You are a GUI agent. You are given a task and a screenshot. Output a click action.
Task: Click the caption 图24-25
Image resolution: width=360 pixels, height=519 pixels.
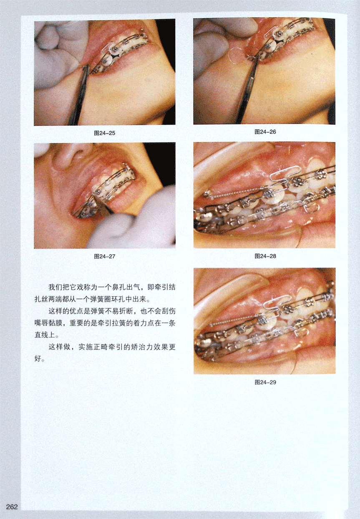coord(104,133)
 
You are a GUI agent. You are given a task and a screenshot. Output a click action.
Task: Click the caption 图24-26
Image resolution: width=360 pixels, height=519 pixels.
coord(265,132)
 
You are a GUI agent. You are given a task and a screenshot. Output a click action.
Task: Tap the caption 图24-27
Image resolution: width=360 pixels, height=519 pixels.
coord(104,256)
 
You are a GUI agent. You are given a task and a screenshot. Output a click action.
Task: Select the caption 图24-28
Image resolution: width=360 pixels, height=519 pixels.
coord(265,256)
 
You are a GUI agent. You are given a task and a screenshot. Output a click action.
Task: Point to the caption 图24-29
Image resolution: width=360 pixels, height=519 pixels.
coord(265,382)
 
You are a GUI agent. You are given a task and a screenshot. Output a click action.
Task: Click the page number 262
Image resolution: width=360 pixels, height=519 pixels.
coord(12,507)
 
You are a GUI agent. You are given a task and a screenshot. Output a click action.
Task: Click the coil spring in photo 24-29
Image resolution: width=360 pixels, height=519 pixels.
coord(234,320)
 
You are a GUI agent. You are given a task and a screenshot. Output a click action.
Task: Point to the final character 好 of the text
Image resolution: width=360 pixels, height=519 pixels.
coord(38,359)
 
